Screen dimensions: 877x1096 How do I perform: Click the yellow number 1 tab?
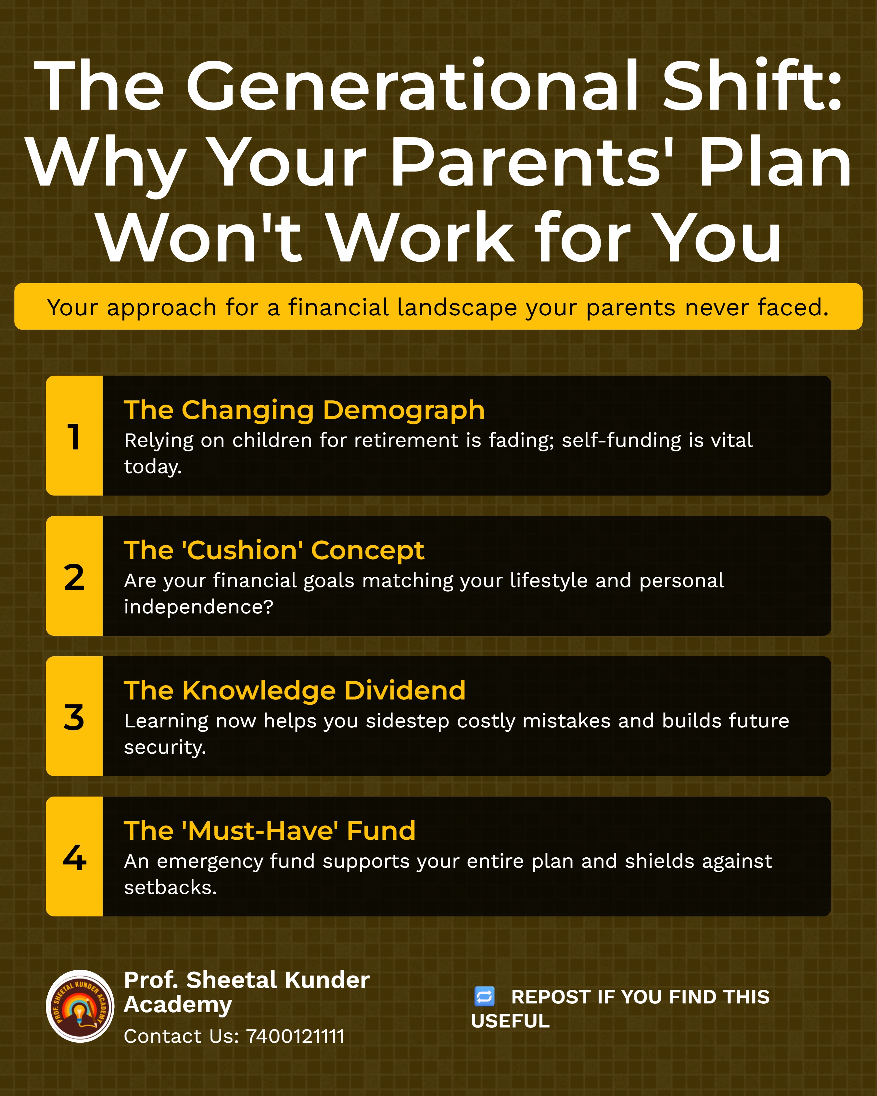[x=74, y=436]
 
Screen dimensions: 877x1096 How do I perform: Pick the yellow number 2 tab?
[x=74, y=576]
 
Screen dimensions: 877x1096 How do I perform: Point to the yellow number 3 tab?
[x=74, y=716]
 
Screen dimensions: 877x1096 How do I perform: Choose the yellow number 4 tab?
[x=74, y=857]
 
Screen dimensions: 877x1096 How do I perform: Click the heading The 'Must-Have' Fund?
[x=270, y=831]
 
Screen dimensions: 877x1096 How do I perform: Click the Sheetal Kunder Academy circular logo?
[x=80, y=1006]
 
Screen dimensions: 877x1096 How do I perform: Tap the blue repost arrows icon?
[x=484, y=996]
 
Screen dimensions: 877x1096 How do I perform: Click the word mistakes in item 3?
[x=566, y=721]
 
